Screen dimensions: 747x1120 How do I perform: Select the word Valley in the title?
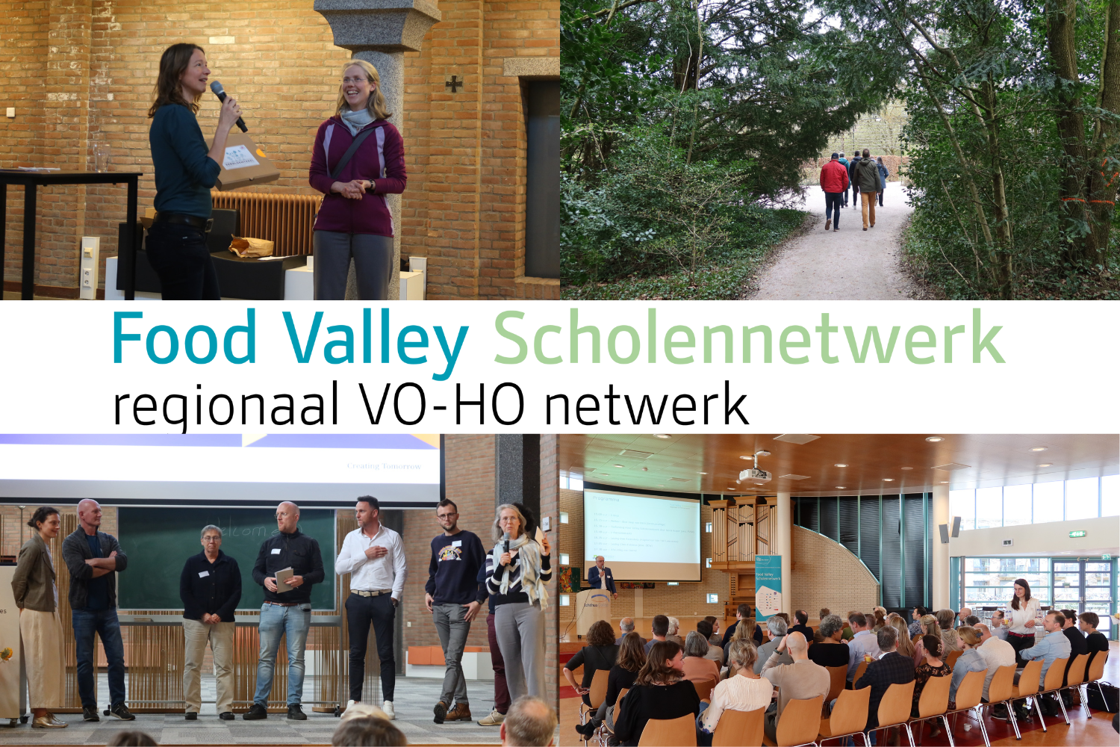coord(376,340)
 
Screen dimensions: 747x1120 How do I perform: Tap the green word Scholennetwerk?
coord(748,338)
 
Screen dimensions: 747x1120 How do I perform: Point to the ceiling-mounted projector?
coord(756,472)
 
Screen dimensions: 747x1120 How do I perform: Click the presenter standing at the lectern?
coord(600,577)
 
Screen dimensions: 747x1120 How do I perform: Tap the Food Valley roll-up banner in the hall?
coord(767,586)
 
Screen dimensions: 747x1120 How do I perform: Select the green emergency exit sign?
coord(1076,534)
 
